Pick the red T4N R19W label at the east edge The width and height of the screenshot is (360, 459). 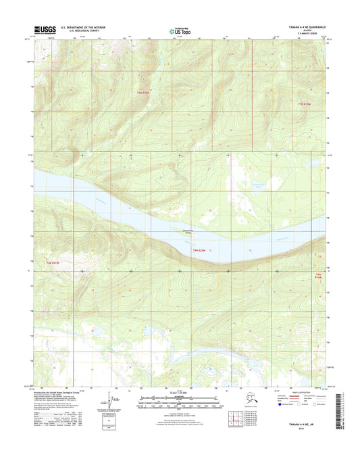[x=319, y=275]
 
